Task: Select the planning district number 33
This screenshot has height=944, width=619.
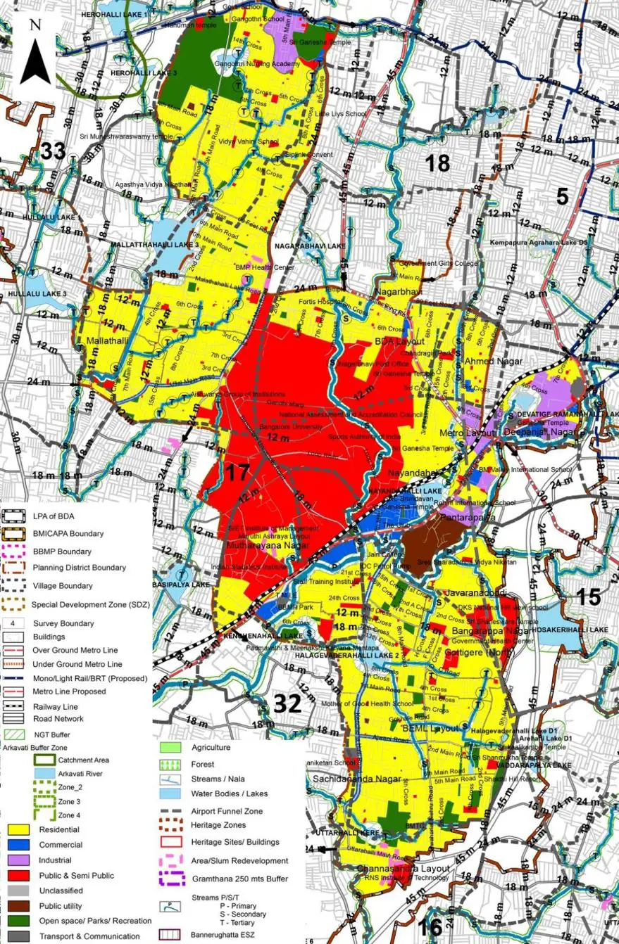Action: click(x=53, y=151)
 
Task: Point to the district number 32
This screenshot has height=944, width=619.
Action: click(x=287, y=703)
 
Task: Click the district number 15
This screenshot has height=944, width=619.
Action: click(x=589, y=597)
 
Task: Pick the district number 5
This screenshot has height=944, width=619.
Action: click(x=562, y=196)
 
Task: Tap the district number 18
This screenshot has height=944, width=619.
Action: click(x=437, y=163)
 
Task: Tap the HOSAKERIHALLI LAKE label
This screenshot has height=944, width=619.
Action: click(x=577, y=630)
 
